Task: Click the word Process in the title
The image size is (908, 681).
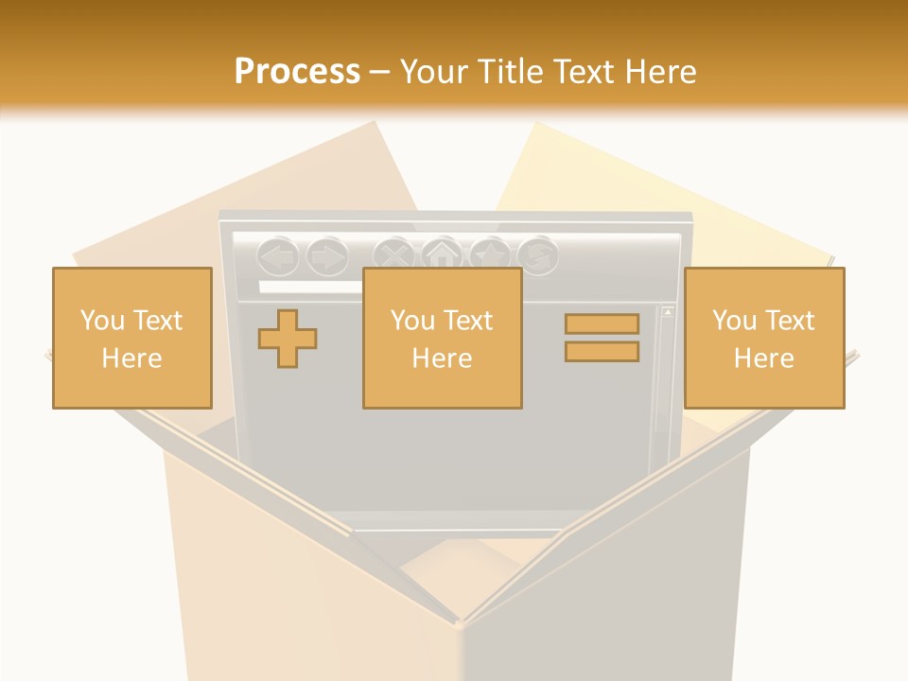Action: pyautogui.click(x=297, y=72)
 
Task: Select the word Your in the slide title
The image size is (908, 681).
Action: pyautogui.click(x=433, y=72)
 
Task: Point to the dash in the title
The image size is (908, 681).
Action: pyautogui.click(x=379, y=73)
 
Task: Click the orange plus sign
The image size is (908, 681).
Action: pyautogui.click(x=288, y=339)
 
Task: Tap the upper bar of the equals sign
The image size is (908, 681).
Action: pyautogui.click(x=602, y=324)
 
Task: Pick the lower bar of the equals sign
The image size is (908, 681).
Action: pyautogui.click(x=602, y=352)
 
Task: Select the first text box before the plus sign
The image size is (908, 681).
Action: pyautogui.click(x=131, y=338)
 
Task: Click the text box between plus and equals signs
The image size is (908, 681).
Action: pyautogui.click(x=442, y=338)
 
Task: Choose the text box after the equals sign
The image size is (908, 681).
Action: pyautogui.click(x=763, y=338)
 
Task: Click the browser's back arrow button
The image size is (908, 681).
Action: pyautogui.click(x=278, y=255)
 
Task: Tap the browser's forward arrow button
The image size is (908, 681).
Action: pyautogui.click(x=327, y=255)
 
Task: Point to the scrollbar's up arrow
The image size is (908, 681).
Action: pyautogui.click(x=668, y=311)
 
